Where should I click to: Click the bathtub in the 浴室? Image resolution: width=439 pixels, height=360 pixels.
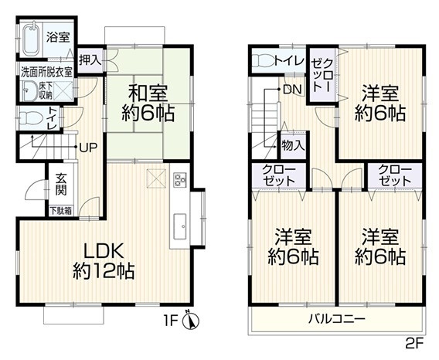(x=30, y=39)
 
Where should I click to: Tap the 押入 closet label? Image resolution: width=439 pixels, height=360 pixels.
(x=90, y=60)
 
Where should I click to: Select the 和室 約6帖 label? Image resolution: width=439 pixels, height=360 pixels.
(x=148, y=103)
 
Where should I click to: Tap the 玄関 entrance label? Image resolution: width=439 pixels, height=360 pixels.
(x=61, y=184)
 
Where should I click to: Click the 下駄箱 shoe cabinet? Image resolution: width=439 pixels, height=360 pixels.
(x=61, y=211)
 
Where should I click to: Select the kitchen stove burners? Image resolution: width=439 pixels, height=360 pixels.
(x=180, y=180)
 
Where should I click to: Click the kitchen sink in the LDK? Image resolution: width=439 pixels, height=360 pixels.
(x=180, y=226)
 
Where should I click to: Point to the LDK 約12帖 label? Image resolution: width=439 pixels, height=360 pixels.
(x=104, y=261)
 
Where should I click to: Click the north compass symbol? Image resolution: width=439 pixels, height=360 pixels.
(x=191, y=319)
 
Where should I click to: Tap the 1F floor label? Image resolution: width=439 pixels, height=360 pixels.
(x=171, y=321)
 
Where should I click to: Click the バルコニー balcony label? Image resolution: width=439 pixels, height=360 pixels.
(x=337, y=318)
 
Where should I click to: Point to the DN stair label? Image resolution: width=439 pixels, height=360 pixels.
(x=292, y=90)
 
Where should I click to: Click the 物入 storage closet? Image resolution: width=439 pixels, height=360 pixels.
(x=293, y=145)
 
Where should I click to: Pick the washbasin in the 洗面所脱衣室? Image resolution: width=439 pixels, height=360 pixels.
(x=29, y=90)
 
